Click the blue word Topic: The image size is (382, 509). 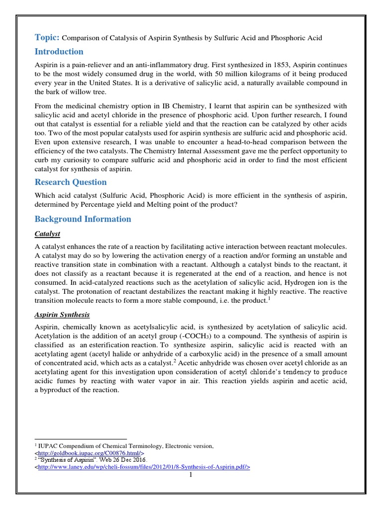47,37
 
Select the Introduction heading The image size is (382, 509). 59,52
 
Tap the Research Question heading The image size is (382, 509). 70,182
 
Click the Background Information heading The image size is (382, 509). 83,219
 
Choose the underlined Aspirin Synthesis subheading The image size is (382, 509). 63,315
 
